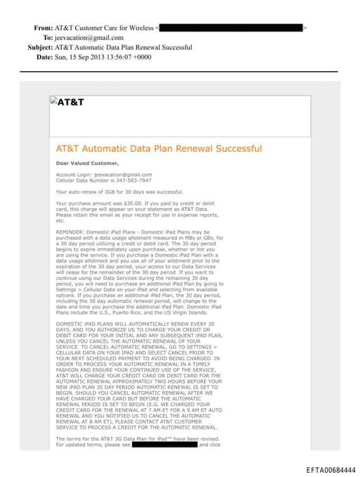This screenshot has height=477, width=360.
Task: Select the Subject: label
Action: (x=40, y=47)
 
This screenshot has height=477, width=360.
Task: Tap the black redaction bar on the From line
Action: (x=231, y=27)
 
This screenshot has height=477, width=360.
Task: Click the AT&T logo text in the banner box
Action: (x=70, y=101)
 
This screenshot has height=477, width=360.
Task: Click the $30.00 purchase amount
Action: (x=120, y=203)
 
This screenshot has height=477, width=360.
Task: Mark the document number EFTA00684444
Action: (x=330, y=469)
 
